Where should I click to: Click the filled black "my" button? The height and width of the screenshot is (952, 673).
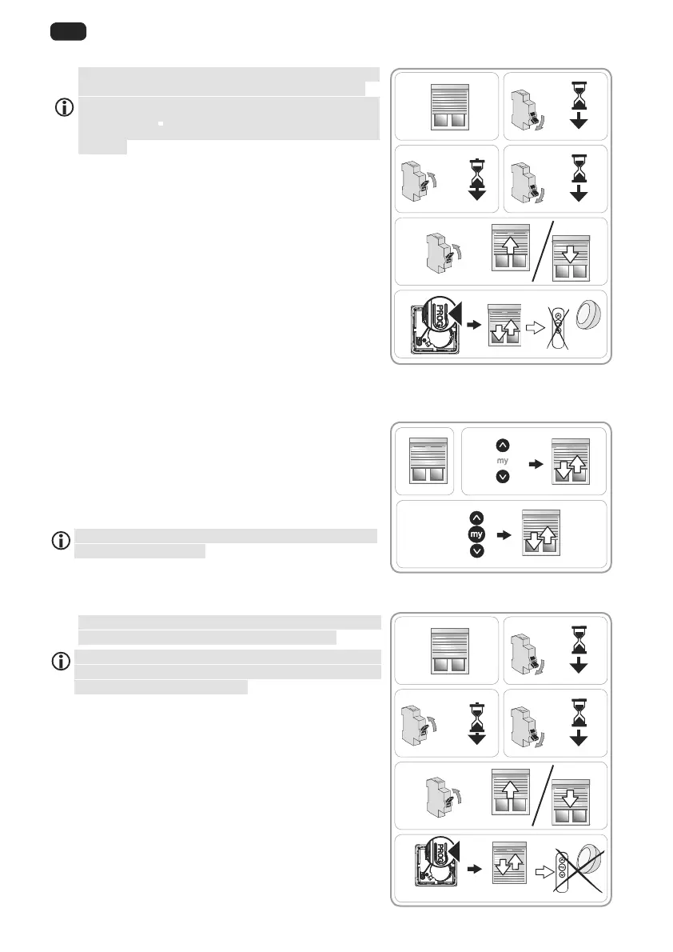tap(477, 534)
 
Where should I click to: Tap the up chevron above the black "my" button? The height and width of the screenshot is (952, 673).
tap(477, 518)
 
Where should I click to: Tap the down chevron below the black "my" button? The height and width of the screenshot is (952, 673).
tap(477, 552)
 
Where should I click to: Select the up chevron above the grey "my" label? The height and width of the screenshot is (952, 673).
tap(502, 444)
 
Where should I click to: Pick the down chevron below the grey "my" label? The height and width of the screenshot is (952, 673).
tap(502, 477)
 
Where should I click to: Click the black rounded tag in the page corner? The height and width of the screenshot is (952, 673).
tap(69, 32)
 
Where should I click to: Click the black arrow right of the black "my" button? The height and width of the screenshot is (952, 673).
tap(503, 534)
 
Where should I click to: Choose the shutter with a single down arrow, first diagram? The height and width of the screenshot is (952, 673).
tap(568, 257)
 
